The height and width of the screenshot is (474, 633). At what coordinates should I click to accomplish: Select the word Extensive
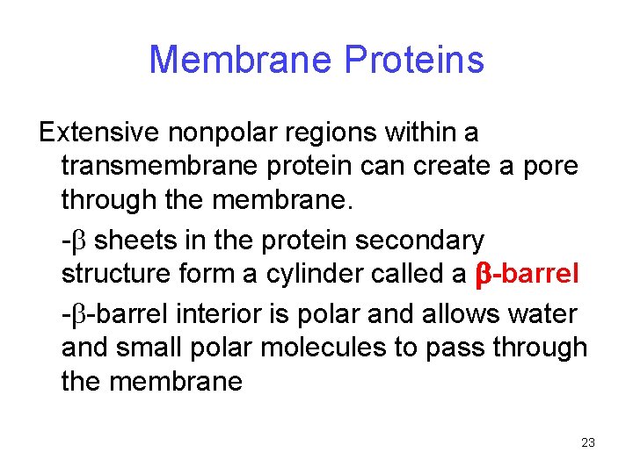(98, 133)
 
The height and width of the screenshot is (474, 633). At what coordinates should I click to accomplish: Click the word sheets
(137, 240)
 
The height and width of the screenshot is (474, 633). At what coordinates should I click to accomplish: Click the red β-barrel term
(527, 275)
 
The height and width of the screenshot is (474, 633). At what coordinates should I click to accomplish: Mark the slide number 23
(588, 442)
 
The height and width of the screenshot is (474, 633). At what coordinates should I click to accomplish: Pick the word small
(159, 347)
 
